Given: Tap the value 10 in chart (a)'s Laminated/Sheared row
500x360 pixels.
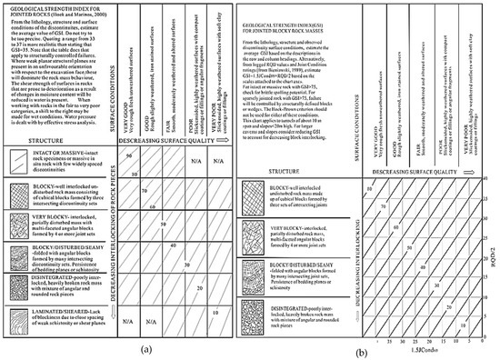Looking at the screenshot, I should pyautogui.click(x=215, y=311).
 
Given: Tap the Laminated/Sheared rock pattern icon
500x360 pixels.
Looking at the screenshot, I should pyautogui.click(x=15, y=318).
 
